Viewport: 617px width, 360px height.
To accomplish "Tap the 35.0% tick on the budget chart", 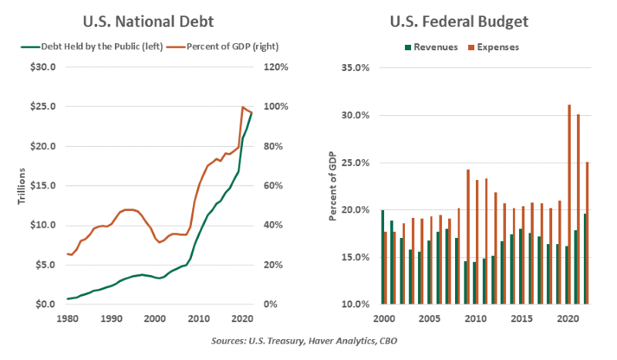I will pyautogui.click(x=355, y=68).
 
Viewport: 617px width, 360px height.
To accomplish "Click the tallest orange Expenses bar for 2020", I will pyautogui.click(x=569, y=205).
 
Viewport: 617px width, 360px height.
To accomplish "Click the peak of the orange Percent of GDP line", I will pyautogui.click(x=244, y=107).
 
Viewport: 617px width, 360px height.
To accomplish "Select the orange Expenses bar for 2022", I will pyautogui.click(x=587, y=233).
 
